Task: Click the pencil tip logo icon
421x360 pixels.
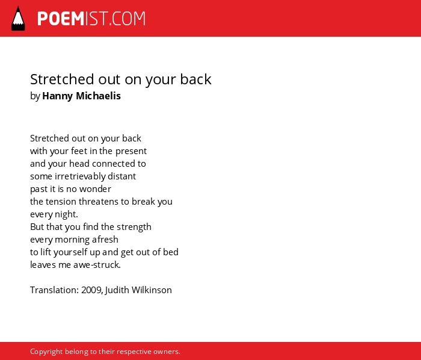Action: pyautogui.click(x=18, y=19)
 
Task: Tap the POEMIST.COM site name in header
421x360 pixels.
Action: pyautogui.click(x=91, y=19)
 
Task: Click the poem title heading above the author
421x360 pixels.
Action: pyautogui.click(x=120, y=79)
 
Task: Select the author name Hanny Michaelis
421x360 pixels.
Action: pyautogui.click(x=81, y=96)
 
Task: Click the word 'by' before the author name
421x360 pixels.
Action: pyautogui.click(x=35, y=96)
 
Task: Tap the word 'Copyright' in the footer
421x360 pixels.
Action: pyautogui.click(x=46, y=352)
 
